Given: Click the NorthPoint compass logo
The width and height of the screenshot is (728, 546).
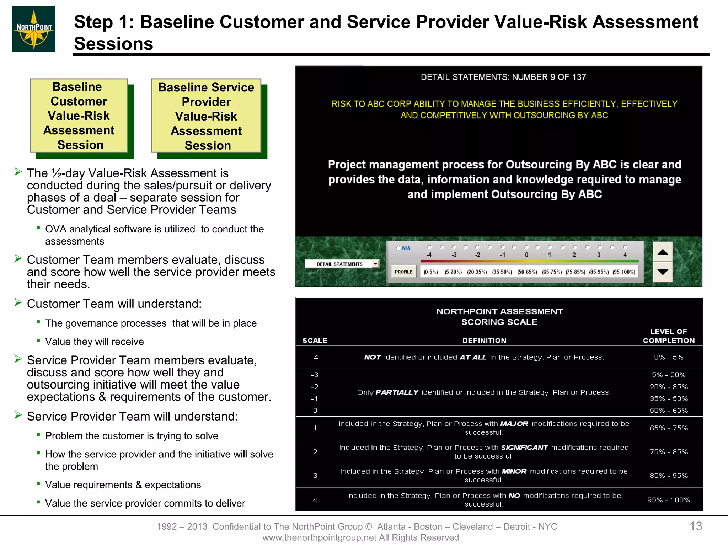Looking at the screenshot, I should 34,29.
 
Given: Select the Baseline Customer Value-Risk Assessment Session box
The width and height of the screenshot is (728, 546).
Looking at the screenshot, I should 79,116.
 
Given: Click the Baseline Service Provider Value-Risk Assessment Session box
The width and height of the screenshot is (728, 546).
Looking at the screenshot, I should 206,116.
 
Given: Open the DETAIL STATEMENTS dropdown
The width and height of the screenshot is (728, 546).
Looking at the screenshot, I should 375,264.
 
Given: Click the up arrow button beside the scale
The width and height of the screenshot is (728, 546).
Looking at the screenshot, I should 663,252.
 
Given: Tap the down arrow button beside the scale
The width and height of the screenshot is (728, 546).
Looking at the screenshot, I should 663,272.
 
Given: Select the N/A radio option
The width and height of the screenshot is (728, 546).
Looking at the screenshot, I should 399,248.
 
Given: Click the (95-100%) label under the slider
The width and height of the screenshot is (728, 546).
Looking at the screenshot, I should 623,272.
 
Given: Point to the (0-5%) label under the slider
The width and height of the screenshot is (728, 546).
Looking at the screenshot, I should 430,272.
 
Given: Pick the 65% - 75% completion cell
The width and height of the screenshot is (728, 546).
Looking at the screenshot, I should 668,428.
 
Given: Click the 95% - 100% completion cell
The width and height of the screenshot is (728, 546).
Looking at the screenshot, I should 668,500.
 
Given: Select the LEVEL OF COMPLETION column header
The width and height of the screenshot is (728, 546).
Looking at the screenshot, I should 668,336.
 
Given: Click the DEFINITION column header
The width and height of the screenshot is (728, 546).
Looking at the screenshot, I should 484,340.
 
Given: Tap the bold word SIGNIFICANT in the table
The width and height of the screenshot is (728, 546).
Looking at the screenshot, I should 524,448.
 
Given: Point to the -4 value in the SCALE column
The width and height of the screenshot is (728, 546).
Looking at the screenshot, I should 315,357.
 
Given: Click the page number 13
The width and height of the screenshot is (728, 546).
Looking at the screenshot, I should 696,526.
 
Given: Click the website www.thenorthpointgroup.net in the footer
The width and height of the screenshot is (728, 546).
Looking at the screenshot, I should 320,537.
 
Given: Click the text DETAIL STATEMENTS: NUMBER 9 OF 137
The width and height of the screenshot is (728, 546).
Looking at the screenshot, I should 503,77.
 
